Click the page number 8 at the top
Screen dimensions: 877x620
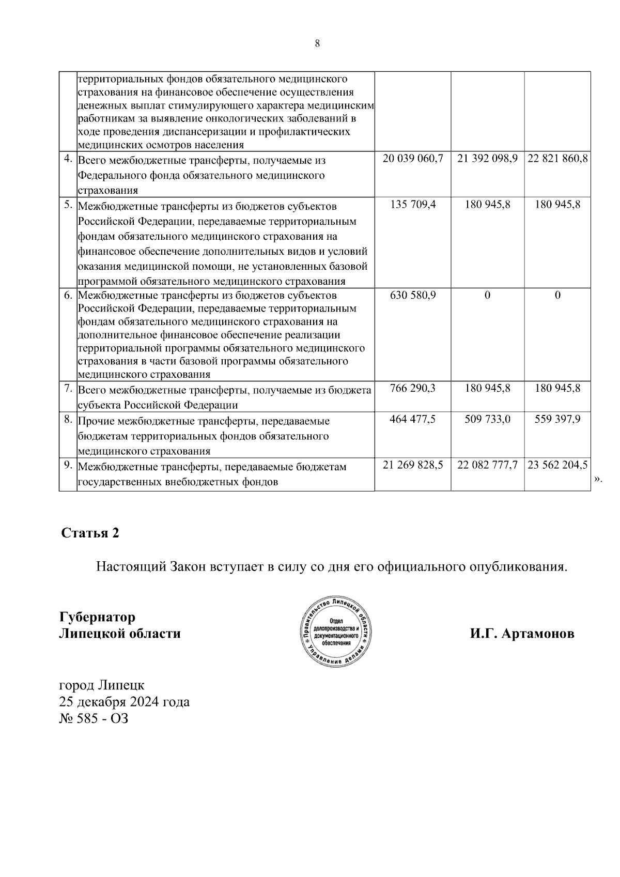click(x=317, y=44)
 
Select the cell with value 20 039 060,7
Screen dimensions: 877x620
click(x=413, y=159)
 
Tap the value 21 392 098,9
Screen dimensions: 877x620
click(x=487, y=159)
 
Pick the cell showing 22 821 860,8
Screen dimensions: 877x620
click(x=557, y=159)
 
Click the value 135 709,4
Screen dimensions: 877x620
click(x=413, y=205)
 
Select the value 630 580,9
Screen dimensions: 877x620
click(x=413, y=296)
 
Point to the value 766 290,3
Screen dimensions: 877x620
click(x=413, y=388)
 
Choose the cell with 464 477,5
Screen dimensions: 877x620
click(x=413, y=419)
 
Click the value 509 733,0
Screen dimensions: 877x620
click(x=487, y=419)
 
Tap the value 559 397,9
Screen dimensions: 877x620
click(x=557, y=419)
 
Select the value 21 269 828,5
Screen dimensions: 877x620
click(x=413, y=465)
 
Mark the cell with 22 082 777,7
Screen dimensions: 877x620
click(x=487, y=465)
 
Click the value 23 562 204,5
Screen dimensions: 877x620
click(x=557, y=465)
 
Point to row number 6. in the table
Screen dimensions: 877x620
click(x=68, y=296)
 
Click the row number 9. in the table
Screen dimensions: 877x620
click(x=68, y=465)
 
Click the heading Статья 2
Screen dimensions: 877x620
click(x=90, y=533)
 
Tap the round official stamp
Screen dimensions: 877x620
click(x=336, y=633)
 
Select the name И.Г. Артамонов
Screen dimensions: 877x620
click(x=522, y=634)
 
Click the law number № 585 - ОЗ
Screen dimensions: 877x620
click(x=94, y=718)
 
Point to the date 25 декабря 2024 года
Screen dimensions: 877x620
click(x=125, y=702)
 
